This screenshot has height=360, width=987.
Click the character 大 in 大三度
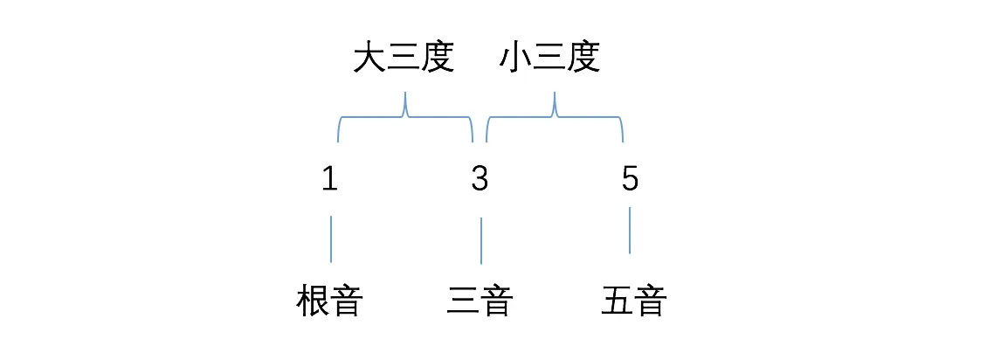coord(370,59)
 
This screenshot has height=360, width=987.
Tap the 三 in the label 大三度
coord(404,59)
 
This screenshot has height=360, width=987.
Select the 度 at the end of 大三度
coord(438,59)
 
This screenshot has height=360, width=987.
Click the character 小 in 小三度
coord(516,59)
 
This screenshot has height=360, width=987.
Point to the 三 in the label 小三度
coord(550,59)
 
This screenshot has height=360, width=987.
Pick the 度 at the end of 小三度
coord(584,59)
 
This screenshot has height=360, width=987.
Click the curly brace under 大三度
coord(405,118)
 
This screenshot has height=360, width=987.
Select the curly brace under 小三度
coord(555,118)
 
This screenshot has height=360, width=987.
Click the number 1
coord(329,180)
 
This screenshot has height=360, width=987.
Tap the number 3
coord(480,180)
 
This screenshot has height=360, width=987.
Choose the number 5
coord(630,180)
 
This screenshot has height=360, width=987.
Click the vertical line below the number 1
coord(331,239)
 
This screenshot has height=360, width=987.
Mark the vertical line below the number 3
coord(481,240)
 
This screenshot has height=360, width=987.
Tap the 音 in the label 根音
coord(347,301)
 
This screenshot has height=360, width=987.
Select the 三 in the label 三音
coord(463,301)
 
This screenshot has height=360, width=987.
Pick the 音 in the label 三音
coord(496,301)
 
